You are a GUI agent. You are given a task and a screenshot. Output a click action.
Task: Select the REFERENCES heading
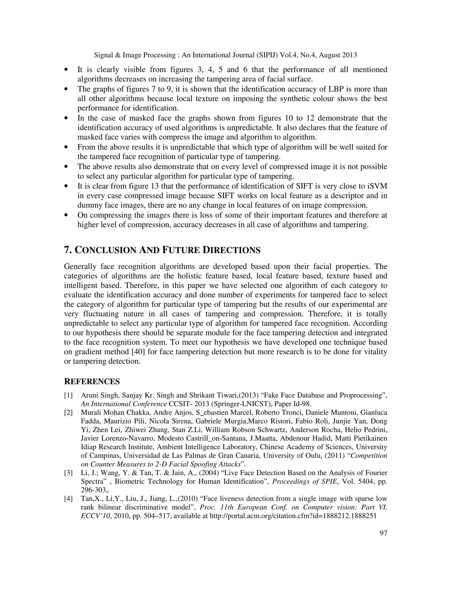click(x=92, y=382)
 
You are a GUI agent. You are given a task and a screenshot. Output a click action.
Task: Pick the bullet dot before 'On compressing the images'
click(x=66, y=215)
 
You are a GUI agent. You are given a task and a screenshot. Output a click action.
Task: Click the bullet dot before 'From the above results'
click(x=66, y=147)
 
